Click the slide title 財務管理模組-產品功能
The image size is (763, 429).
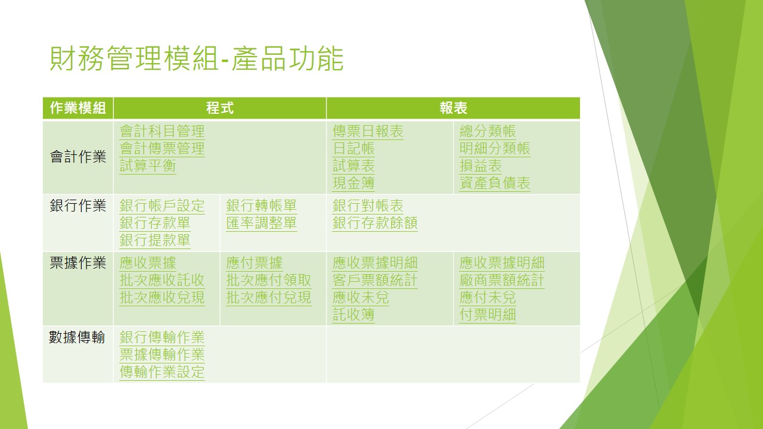197,58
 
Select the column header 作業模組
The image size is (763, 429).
78,108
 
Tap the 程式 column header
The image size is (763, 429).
220,108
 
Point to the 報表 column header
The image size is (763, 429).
453,108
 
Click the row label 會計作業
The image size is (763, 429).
78,157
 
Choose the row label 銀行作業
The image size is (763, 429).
78,206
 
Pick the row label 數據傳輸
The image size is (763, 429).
77,337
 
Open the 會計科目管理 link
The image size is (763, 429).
162,132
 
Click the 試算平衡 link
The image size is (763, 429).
148,166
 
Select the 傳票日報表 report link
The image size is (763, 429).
368,132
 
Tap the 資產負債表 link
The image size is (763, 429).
495,183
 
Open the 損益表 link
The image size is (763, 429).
480,166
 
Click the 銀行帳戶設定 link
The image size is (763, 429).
162,206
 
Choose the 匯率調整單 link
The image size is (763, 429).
261,223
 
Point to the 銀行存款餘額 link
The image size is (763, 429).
375,223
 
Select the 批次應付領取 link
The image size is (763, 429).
268,280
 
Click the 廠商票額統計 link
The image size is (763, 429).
502,280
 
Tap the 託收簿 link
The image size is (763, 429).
353,315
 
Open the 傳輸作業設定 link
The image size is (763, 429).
162,372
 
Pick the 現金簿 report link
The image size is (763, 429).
353,183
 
